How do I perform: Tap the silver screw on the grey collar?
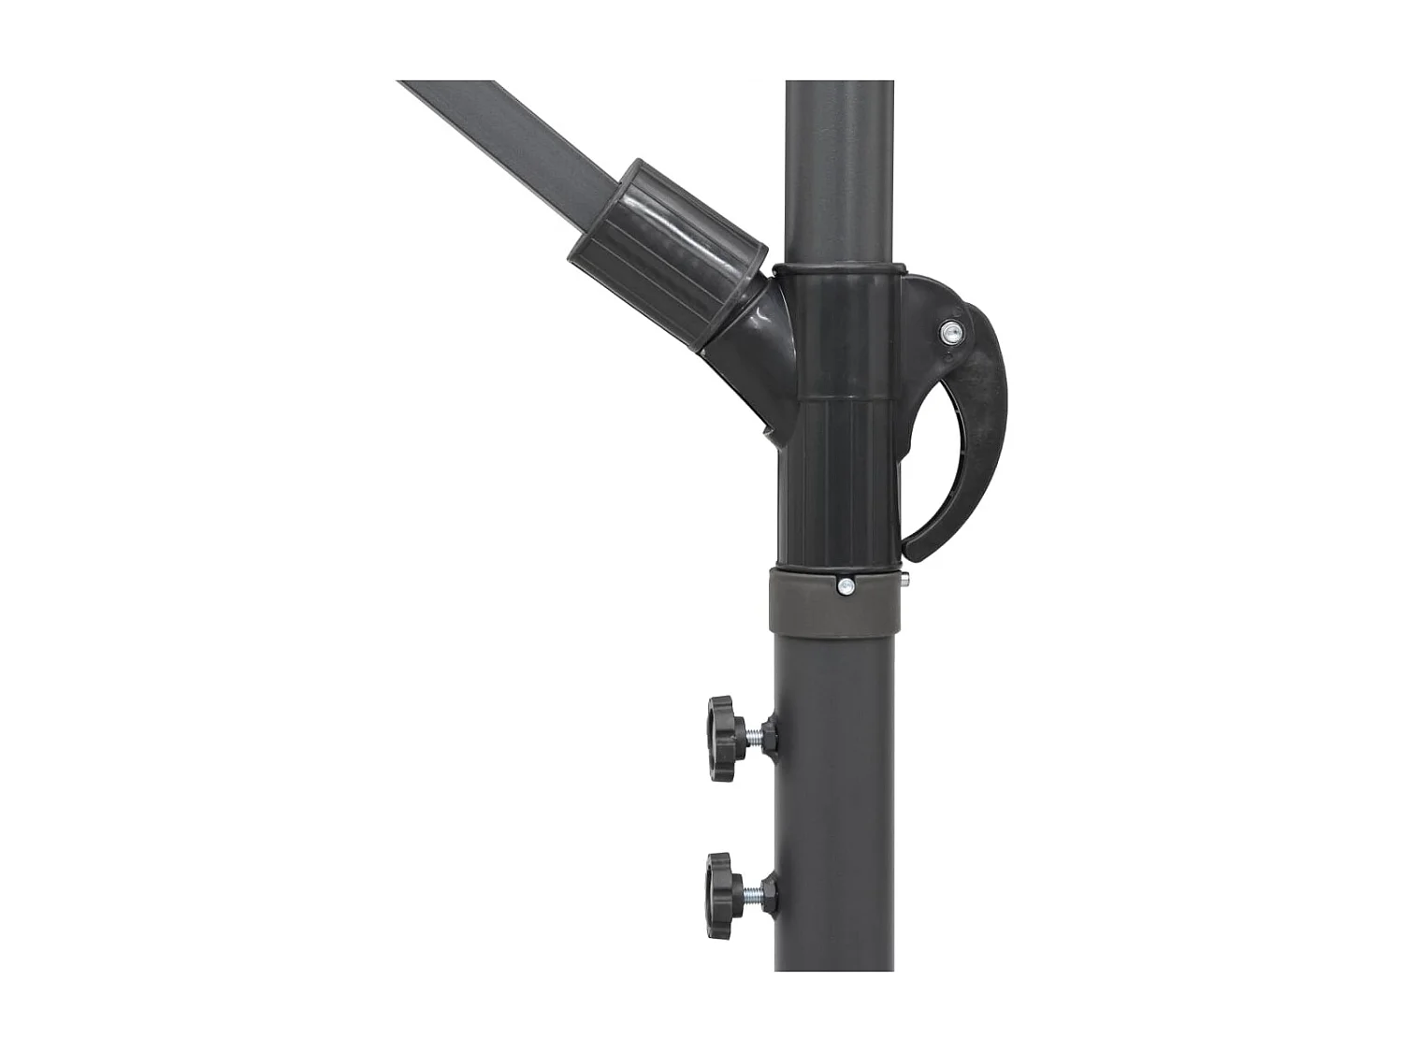846,586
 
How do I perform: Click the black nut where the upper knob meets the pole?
770,735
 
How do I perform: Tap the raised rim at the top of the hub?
837,267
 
